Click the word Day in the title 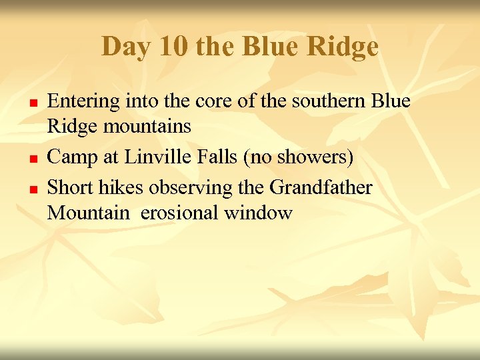tap(124, 47)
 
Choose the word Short tap(71, 188)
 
